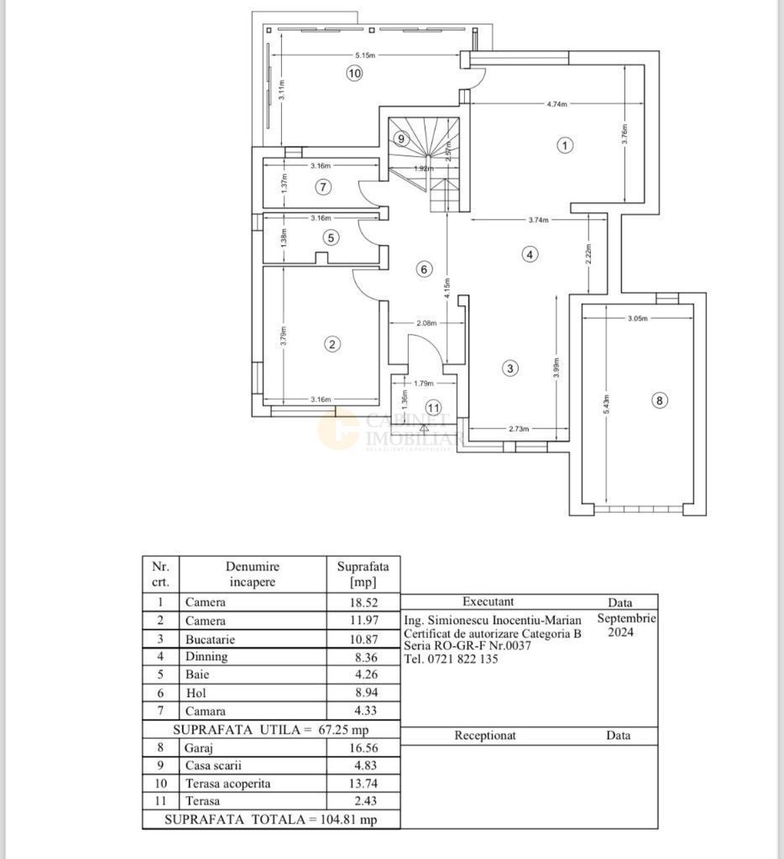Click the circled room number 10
pos(354,73)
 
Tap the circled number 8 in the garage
pos(659,401)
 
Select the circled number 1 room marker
pos(565,145)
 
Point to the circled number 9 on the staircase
pos(401,138)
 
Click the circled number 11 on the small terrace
pos(433,408)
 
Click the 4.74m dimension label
pos(557,105)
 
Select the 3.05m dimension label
pos(637,318)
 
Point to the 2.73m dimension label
pos(519,429)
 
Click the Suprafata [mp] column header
pos(358,575)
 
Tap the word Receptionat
pos(485,736)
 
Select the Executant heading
pos(488,601)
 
